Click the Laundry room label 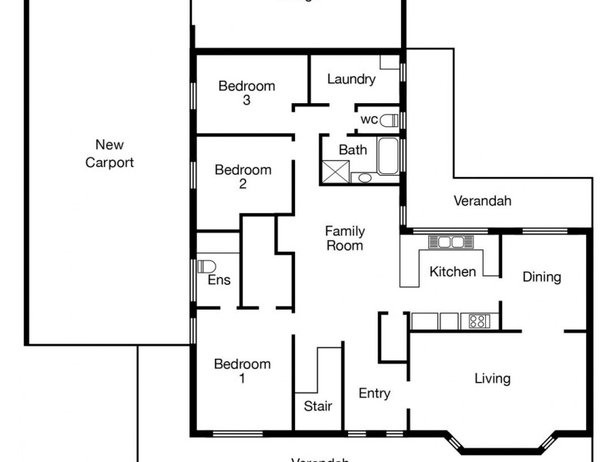click(351, 79)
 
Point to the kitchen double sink click(446, 242)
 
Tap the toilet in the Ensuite click(205, 266)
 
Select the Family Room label click(344, 238)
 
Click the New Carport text click(109, 153)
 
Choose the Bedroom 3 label click(246, 92)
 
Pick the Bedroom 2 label click(243, 176)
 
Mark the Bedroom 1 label click(243, 371)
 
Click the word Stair click(317, 406)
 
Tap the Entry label click(374, 393)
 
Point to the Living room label click(492, 378)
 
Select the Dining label click(541, 276)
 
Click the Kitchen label click(452, 271)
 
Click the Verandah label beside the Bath click(482, 201)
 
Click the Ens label click(219, 280)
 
